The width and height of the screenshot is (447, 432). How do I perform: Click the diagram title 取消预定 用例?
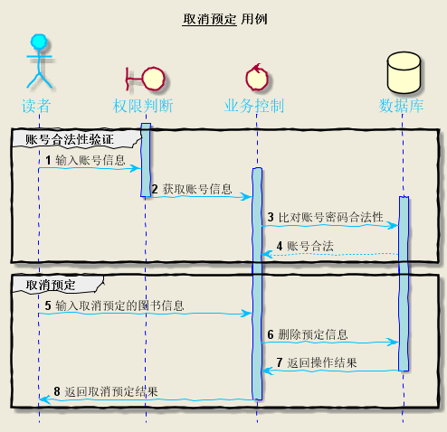pos(224,19)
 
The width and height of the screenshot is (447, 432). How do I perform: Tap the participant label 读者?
pos(38,106)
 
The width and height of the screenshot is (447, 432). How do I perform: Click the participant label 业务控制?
pos(256,106)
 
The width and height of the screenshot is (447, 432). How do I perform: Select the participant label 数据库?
pos(402,106)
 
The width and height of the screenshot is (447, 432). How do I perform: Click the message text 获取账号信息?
pos(197,189)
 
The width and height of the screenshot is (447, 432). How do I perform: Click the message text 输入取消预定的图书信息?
pos(119,305)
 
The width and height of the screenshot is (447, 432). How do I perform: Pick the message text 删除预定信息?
pos(313,334)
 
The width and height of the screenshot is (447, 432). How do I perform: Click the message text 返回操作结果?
pos(322,362)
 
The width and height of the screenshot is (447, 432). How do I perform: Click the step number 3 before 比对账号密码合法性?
pos(270,218)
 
